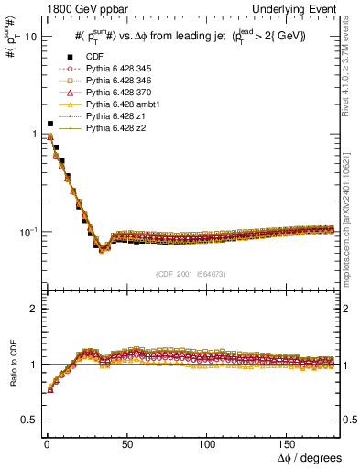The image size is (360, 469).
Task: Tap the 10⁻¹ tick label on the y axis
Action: point(29,232)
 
